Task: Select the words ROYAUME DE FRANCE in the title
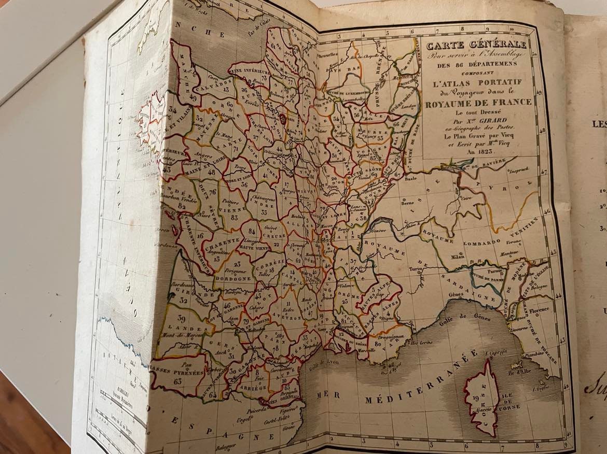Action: [x=478, y=102]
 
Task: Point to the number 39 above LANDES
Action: [x=182, y=319]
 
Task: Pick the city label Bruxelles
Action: [x=328, y=54]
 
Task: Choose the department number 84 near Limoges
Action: [x=252, y=231]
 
